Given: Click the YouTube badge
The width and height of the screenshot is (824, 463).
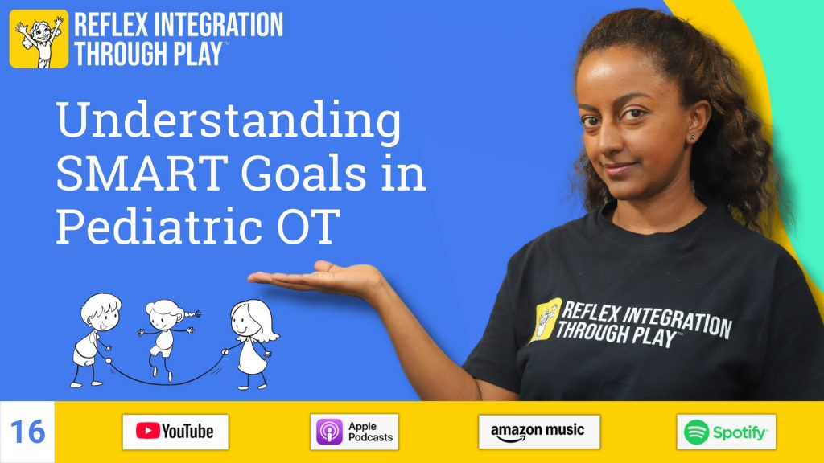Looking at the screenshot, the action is (x=175, y=432).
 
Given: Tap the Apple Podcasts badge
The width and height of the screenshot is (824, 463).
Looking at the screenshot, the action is (x=354, y=432).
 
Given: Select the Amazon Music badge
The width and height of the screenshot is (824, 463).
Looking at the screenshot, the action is (x=539, y=432).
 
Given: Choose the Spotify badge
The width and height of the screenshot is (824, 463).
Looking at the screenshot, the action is (x=727, y=432).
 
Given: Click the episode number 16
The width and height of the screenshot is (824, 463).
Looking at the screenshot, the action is (x=27, y=432).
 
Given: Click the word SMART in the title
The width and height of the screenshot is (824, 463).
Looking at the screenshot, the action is (x=142, y=174).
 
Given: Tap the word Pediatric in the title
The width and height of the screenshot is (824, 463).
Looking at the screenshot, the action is (x=159, y=226).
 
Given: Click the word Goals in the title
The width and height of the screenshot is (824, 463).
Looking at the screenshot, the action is (x=303, y=174).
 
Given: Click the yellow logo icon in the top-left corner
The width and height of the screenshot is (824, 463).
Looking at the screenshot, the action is (x=39, y=39).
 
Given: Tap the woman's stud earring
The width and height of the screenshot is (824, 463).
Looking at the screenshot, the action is (x=692, y=137).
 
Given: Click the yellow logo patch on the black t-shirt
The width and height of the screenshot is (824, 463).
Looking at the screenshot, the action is (x=546, y=318).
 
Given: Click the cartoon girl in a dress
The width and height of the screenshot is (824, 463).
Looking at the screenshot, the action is (x=252, y=344).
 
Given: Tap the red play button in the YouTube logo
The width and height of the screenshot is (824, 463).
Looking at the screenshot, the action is (x=148, y=431).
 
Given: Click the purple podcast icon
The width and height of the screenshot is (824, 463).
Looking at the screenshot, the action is (x=329, y=432).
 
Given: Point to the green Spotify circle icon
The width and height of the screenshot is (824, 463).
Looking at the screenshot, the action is (x=696, y=432).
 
